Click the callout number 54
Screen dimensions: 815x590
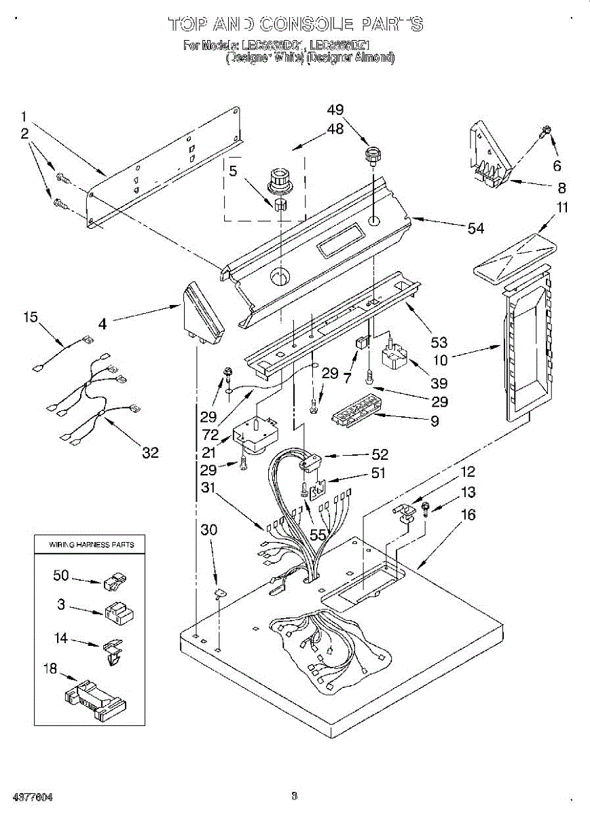pyautogui.click(x=475, y=228)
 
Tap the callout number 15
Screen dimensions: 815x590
pyautogui.click(x=31, y=316)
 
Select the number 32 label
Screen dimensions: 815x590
pyautogui.click(x=150, y=452)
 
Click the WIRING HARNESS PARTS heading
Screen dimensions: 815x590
pyautogui.click(x=91, y=544)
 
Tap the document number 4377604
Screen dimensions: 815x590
pyautogui.click(x=28, y=795)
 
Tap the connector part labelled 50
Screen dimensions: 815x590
pyautogui.click(x=115, y=581)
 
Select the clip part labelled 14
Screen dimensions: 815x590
pyautogui.click(x=113, y=651)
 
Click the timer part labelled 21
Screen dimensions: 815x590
pyautogui.click(x=252, y=435)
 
